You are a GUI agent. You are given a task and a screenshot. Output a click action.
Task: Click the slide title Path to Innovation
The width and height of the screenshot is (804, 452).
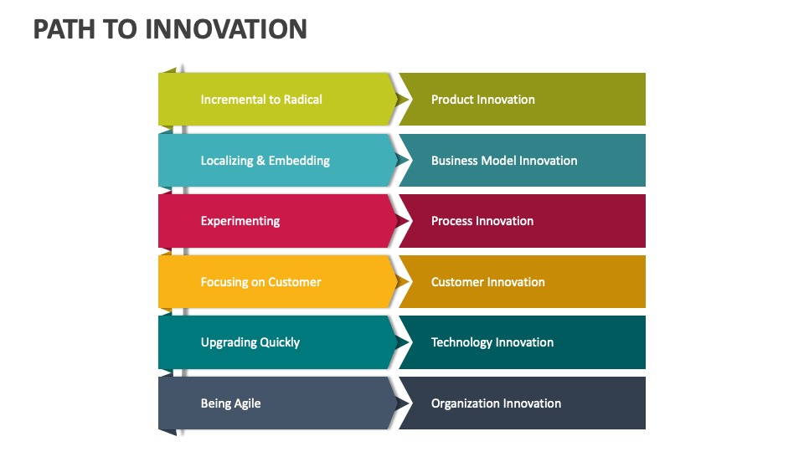pyautogui.click(x=170, y=29)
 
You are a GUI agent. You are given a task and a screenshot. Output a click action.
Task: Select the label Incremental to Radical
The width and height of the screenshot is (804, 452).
pyautogui.click(x=261, y=100)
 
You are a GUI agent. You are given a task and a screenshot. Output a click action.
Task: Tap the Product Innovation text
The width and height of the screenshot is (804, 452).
pyautogui.click(x=482, y=100)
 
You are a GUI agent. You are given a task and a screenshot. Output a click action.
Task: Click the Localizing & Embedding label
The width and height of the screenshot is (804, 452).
pyautogui.click(x=265, y=161)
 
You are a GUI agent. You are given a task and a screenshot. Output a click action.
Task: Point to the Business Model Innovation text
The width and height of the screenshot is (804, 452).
pyautogui.click(x=503, y=161)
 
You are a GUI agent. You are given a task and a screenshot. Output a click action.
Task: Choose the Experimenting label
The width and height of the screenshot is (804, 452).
pyautogui.click(x=240, y=221)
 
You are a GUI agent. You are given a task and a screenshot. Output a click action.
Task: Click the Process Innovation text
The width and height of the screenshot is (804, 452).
pyautogui.click(x=482, y=221)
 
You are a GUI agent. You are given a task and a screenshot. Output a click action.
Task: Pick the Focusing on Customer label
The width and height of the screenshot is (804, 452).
pyautogui.click(x=260, y=282)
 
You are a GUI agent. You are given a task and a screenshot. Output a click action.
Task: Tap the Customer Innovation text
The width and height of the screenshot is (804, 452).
pyautogui.click(x=487, y=282)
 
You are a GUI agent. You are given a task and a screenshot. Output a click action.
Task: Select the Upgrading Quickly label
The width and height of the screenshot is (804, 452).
pyautogui.click(x=250, y=342)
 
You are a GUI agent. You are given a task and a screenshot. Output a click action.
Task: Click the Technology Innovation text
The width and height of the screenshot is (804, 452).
pyautogui.click(x=492, y=342)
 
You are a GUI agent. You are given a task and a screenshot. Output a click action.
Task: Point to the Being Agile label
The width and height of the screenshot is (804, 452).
pyautogui.click(x=230, y=403)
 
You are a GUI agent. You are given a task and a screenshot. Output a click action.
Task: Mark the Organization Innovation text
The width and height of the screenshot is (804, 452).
pyautogui.click(x=496, y=403)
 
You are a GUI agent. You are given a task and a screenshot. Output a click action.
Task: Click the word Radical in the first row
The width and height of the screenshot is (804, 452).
pyautogui.click(x=303, y=100)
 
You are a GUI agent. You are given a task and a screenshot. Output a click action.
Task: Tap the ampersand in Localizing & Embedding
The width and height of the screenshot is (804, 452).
pyautogui.click(x=260, y=161)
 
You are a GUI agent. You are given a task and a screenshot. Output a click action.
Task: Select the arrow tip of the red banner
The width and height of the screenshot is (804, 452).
pyautogui.click(x=407, y=221)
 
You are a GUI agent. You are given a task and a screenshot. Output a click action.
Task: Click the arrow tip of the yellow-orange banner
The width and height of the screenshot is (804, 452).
pyautogui.click(x=407, y=282)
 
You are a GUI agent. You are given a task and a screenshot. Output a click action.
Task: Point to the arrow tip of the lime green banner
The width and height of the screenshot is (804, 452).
pyautogui.click(x=407, y=100)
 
